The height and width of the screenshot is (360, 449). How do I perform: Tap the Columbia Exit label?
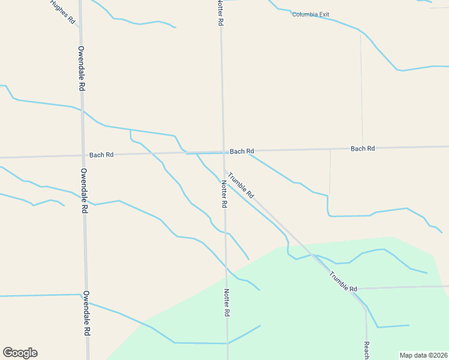[x=311, y=14]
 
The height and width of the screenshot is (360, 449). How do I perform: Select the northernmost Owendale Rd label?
[x=81, y=68]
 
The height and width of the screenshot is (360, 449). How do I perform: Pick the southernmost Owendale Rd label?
[x=86, y=313]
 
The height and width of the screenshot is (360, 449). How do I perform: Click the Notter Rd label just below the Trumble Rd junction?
[x=224, y=194]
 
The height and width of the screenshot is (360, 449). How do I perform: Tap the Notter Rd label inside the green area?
[x=227, y=302]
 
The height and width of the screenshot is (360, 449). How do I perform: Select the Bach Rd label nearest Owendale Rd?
[x=101, y=155]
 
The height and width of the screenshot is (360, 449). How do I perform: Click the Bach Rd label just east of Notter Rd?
[x=242, y=151]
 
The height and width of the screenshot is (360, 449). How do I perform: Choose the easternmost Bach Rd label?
[x=363, y=148]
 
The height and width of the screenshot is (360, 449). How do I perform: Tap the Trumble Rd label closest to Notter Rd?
[x=241, y=186]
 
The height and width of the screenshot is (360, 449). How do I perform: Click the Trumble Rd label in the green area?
[x=343, y=281]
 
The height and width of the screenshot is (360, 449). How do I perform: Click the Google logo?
[x=20, y=353]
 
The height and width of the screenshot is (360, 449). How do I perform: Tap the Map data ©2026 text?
[x=423, y=355]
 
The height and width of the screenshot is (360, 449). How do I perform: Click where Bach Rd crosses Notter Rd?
[x=223, y=152]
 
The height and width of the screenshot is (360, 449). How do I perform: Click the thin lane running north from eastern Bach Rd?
[x=361, y=90]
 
